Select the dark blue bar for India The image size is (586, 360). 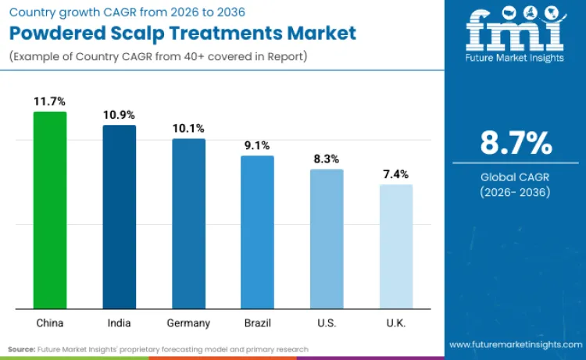coord(120,216)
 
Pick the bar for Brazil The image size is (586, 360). coord(257,231)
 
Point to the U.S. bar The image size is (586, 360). coord(327,238)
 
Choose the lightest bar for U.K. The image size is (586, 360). coord(396,246)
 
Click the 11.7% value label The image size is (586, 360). coord(49,102)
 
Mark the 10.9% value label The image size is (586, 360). coord(120,115)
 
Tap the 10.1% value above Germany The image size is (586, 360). coord(188,128)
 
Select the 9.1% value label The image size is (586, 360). coord(257,145)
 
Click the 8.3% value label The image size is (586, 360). coord(327,159)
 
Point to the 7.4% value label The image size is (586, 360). coord(396,174)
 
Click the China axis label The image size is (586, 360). coord(49,323)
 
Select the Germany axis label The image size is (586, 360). coord(188,323)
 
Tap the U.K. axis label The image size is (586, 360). coord(396,323)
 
